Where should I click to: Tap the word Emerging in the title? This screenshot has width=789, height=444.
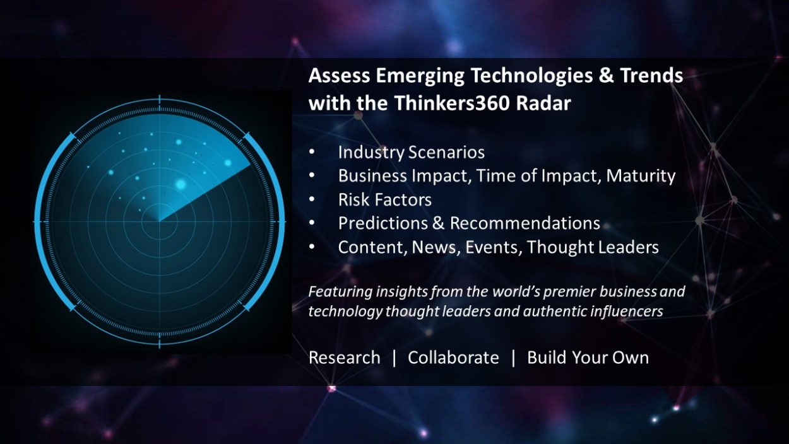point(421,76)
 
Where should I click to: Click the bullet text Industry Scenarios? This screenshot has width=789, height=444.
point(411,153)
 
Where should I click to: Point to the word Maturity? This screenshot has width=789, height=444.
point(641,176)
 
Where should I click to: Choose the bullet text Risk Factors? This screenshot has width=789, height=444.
point(384,200)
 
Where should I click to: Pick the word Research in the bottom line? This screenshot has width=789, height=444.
point(344,358)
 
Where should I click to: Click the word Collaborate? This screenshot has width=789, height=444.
point(453,358)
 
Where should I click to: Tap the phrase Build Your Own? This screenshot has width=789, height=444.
point(588,358)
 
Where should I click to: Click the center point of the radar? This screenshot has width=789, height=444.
point(159,221)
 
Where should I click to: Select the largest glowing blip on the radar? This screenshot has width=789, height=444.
point(181,185)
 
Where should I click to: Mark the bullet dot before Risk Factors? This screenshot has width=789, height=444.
point(312,201)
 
